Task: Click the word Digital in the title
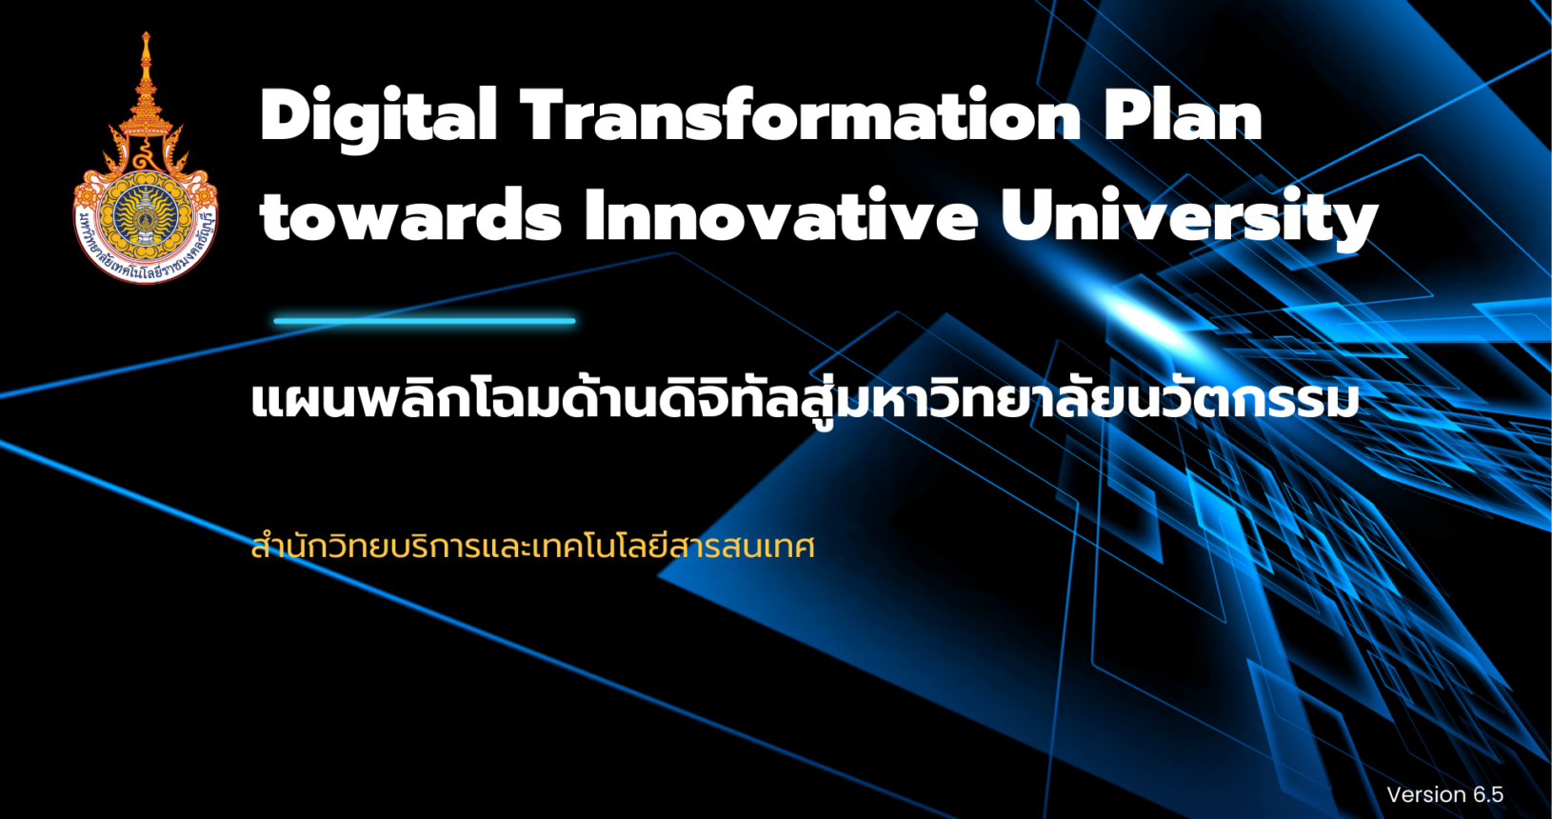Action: pos(379,118)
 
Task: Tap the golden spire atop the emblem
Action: pos(146,70)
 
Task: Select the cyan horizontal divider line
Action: pos(425,321)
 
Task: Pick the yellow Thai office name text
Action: pos(532,547)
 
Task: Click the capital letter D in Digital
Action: pos(287,115)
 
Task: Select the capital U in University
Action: pos(1026,215)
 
